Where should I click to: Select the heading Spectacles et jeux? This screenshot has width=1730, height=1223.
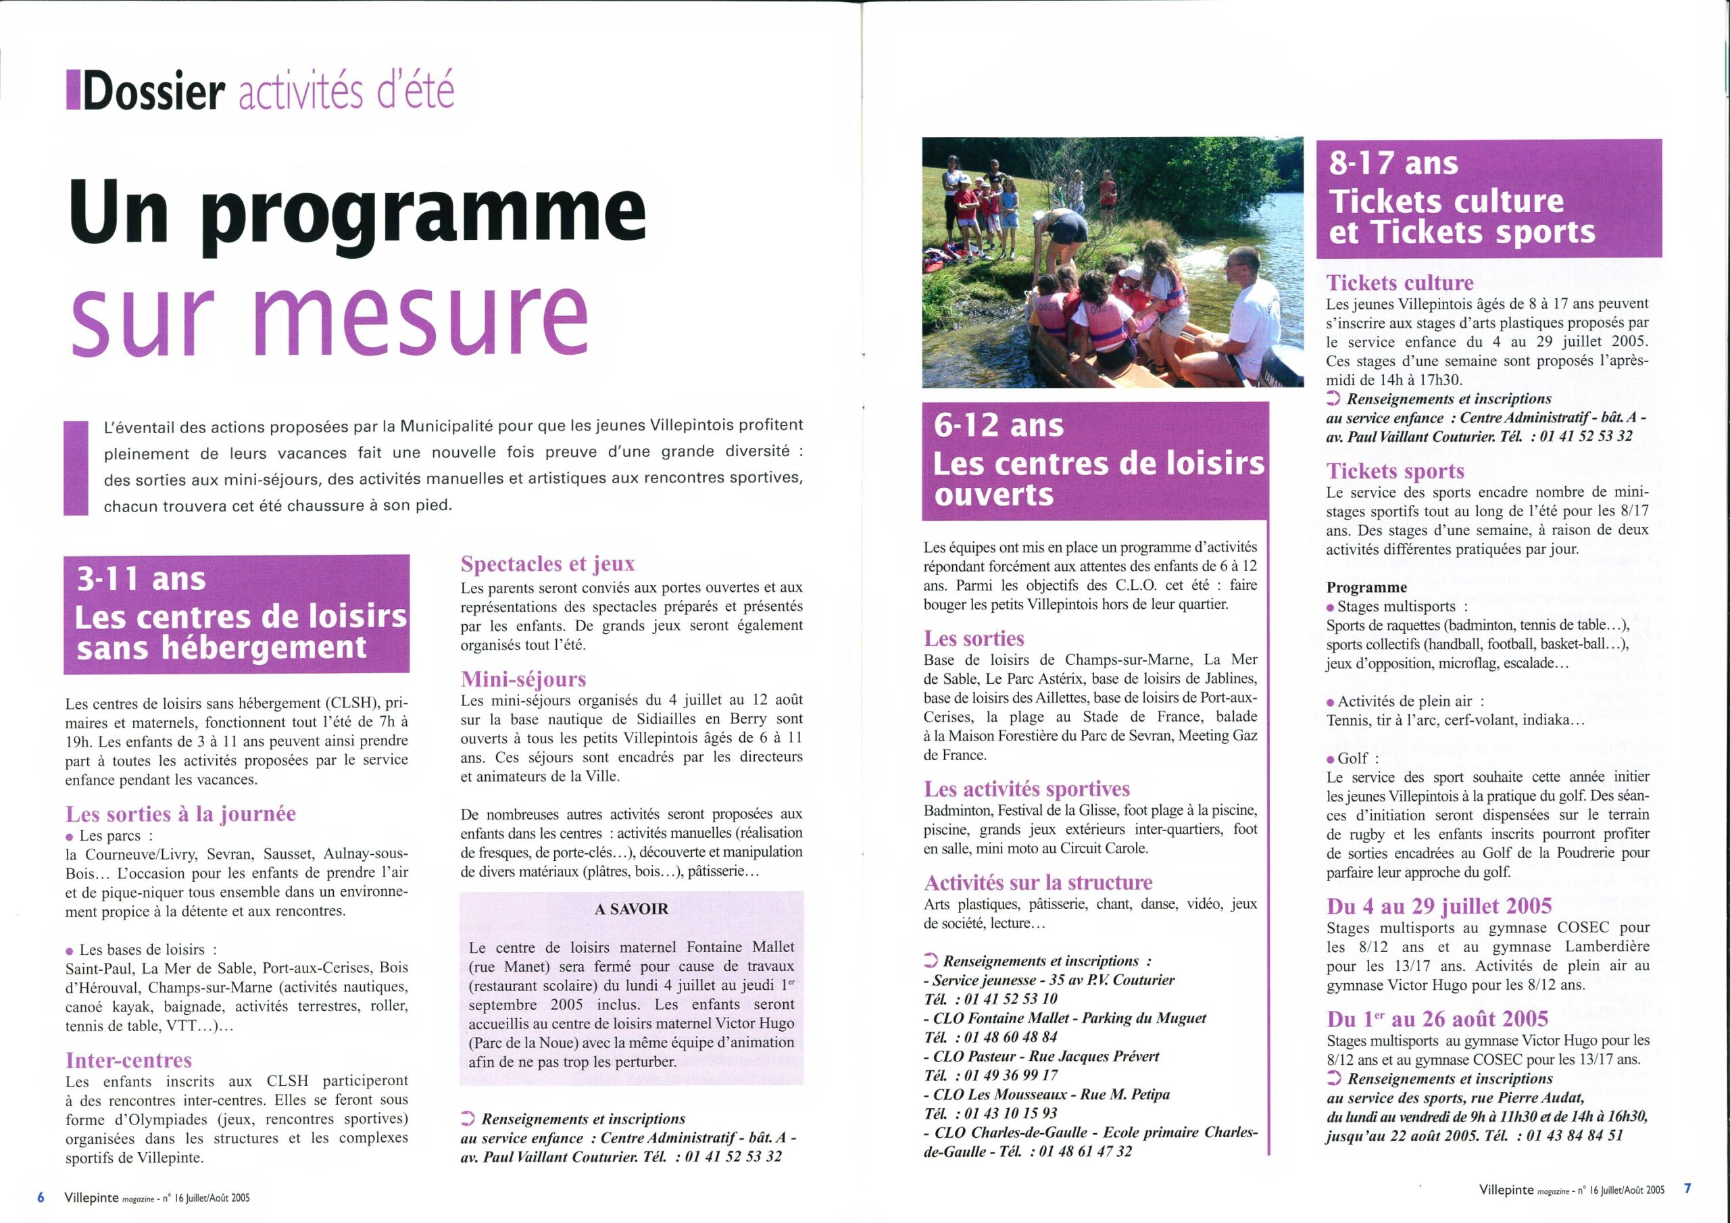pos(548,564)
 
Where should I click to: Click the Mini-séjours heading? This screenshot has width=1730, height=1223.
pos(523,679)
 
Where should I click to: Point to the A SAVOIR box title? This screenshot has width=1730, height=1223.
pos(631,909)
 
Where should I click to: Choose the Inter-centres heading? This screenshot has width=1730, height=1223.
pos(129,1060)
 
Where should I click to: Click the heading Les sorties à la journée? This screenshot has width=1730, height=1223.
pos(181,814)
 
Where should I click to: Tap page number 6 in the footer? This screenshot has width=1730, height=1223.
pos(41,1197)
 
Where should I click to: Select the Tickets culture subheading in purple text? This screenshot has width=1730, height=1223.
pos(1400,282)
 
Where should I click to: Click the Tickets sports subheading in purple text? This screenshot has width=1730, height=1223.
pos(1395,471)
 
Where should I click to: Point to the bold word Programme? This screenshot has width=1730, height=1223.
pos(1366,588)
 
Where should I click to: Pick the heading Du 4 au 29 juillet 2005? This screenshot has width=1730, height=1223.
pos(1439,905)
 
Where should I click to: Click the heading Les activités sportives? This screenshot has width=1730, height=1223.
pos(1027,789)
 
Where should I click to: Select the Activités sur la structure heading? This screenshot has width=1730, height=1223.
pos(1038,882)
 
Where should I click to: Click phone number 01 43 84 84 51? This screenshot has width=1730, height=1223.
pos(1575,1136)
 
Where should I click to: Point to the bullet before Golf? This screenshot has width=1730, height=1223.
pos(1331,759)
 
